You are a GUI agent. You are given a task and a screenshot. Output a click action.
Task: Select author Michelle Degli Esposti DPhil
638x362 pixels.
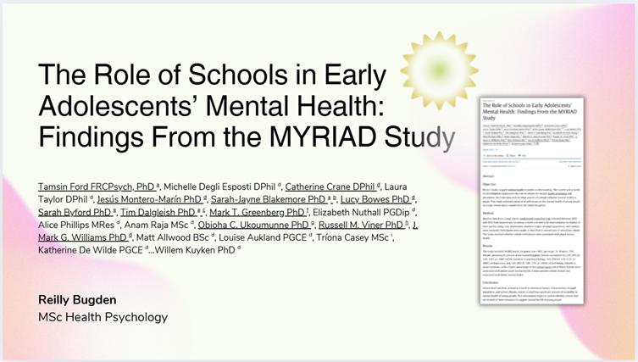(219, 186)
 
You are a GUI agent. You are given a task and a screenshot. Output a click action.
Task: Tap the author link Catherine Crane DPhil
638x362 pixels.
(322, 186)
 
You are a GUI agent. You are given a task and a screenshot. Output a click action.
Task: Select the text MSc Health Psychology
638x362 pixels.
(103, 317)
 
